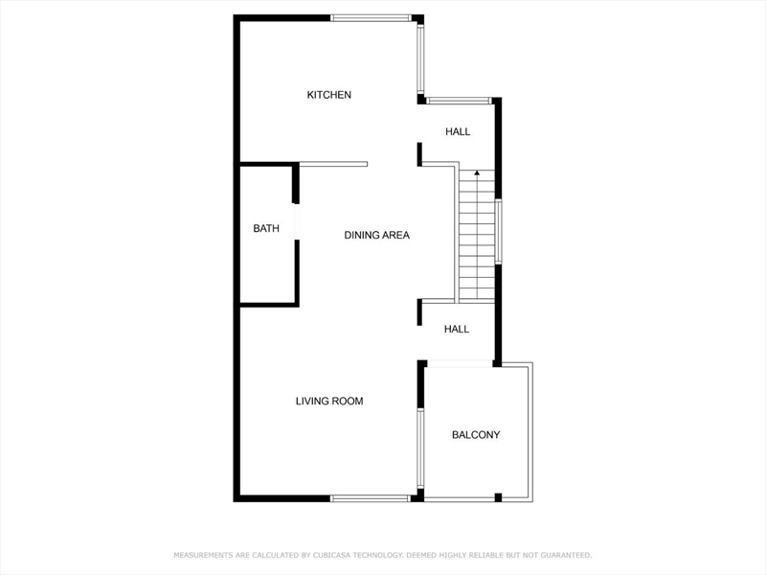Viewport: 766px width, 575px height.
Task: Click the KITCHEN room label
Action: coord(328,95)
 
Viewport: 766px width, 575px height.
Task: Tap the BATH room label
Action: coord(266,228)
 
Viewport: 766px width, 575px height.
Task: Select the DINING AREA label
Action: coord(376,235)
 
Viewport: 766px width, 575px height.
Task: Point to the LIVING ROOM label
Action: coord(329,402)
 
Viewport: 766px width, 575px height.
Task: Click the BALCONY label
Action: coord(476,435)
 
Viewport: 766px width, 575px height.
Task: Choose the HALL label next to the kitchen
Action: coord(458,131)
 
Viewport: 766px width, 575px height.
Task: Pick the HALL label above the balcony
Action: coord(457,329)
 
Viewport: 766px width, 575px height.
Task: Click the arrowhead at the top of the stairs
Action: coord(477,172)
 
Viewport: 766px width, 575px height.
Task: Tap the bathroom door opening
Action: coord(296,221)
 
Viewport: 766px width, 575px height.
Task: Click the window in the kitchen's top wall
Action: coord(371,18)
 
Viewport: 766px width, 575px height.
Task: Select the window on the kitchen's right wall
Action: coord(420,58)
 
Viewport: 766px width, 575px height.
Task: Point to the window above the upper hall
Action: coord(459,101)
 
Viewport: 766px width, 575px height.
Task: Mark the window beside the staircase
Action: coord(498,231)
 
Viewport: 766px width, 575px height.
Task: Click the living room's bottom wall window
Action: coord(371,498)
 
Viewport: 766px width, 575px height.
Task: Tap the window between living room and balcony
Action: coord(420,448)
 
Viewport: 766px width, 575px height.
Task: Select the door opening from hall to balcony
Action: coord(460,364)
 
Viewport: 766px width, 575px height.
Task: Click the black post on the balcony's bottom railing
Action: coord(498,497)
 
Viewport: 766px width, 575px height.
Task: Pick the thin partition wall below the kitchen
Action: coord(333,164)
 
